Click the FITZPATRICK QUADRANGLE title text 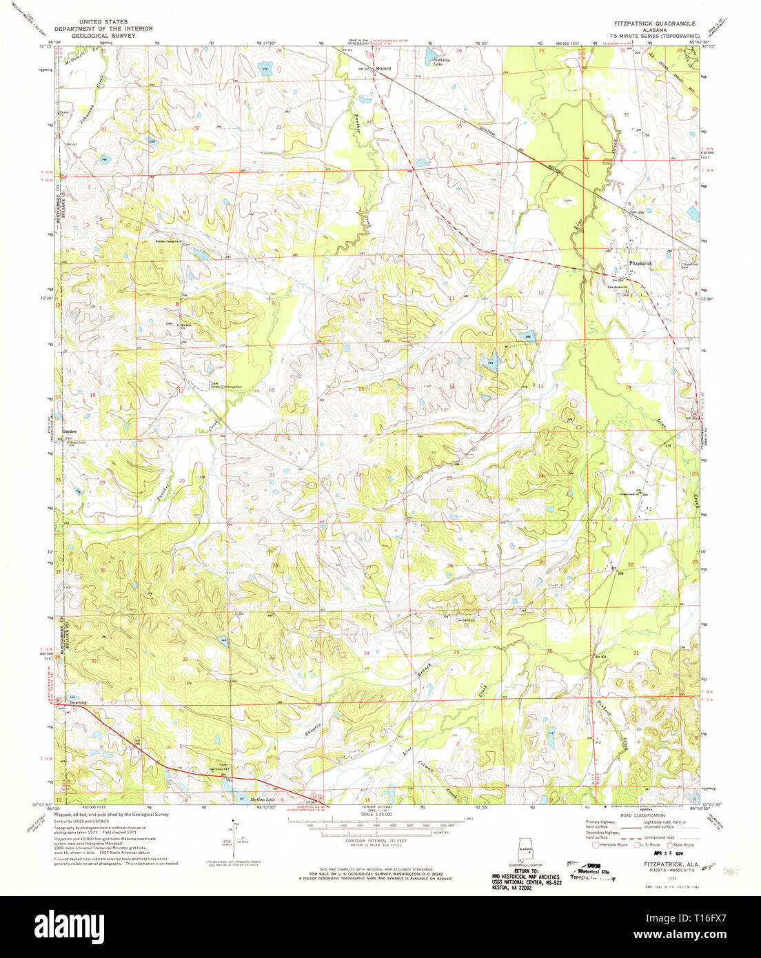[x=650, y=23]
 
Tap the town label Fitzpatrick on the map [x=640, y=264]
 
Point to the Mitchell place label [x=383, y=69]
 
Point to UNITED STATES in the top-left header [x=103, y=22]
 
